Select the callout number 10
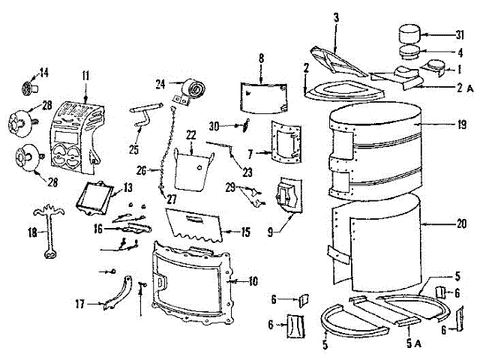coord(253,281)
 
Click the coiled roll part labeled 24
coord(190,89)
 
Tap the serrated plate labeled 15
coord(196,223)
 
